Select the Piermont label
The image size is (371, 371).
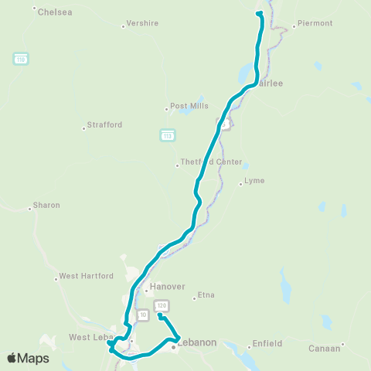315,23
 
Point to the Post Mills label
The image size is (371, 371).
186,107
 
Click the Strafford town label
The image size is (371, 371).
104,124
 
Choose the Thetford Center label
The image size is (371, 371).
211,162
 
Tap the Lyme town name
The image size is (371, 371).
254,181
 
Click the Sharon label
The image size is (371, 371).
46,206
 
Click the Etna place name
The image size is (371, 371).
206,295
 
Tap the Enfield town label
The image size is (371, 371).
268,343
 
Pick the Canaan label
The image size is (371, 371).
324,348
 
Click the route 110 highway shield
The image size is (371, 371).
20,59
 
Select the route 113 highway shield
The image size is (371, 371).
167,135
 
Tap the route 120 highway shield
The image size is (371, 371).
161,305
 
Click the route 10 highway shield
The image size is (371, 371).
143,315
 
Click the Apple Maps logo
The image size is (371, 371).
28,357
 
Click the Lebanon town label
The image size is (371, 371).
197,342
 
